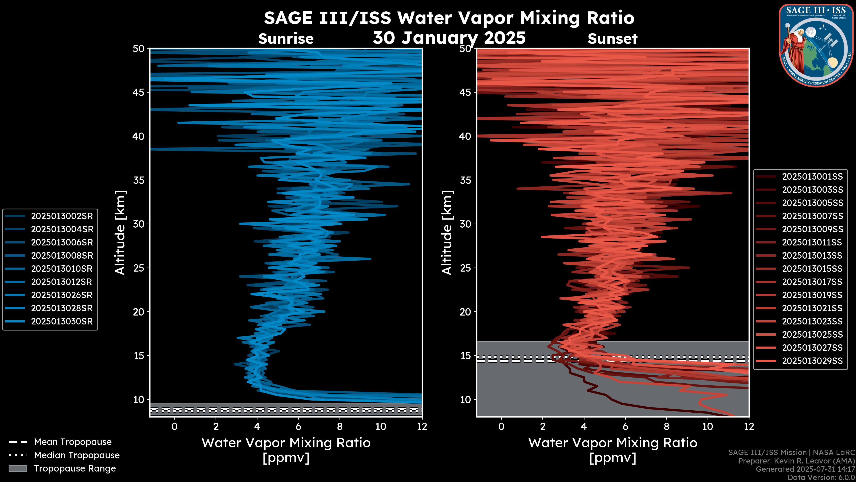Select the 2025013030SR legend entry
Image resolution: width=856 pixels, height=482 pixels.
coord(62,322)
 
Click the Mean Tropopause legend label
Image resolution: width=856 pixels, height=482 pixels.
coord(73,442)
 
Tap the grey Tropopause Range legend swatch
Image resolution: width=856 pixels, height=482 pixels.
coord(18,468)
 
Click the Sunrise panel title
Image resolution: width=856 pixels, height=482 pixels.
coord(286,39)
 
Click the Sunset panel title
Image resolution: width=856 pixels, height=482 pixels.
coord(612,39)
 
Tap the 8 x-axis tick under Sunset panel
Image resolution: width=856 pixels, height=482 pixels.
coord(666,426)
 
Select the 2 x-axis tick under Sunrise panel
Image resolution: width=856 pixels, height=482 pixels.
coord(216,426)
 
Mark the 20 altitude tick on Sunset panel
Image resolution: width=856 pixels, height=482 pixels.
coord(465,312)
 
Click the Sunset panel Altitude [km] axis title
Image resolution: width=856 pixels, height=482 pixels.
coord(447,233)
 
